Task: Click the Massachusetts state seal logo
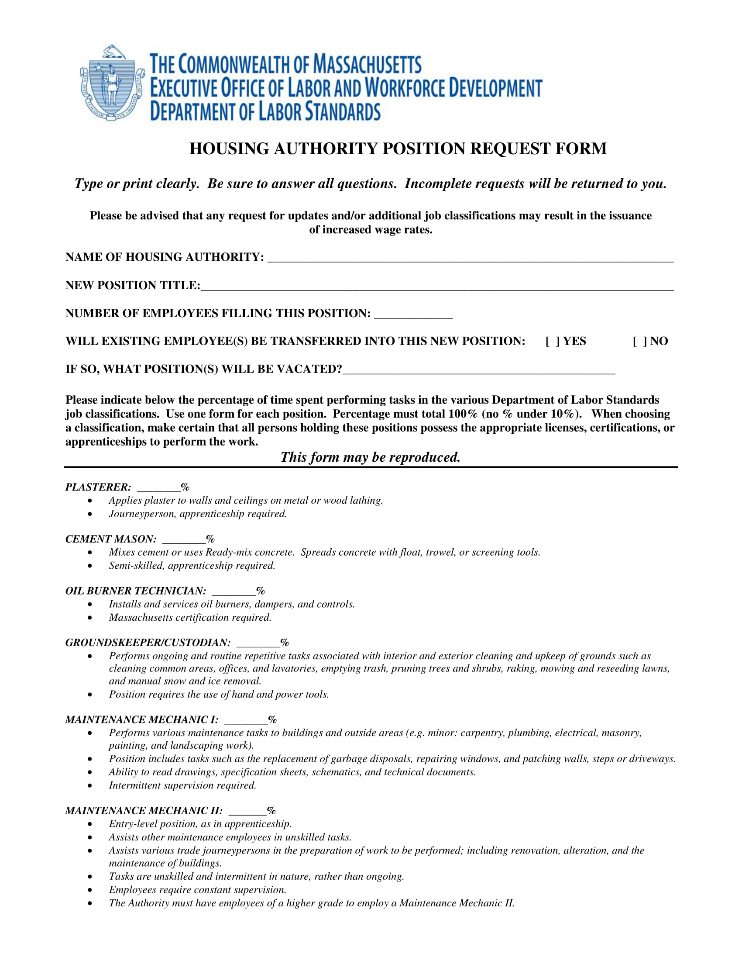tap(112, 83)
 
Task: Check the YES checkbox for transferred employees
tap(553, 342)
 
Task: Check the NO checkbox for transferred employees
tap(639, 342)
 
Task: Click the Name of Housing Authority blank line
tap(470, 257)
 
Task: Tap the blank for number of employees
tap(413, 314)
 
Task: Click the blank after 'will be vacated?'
tap(479, 370)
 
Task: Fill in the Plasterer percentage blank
tap(159, 487)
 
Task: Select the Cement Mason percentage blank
tap(184, 539)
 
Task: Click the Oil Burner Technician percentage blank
tap(234, 591)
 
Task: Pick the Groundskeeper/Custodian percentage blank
tap(258, 643)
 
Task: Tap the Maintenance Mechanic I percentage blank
tap(246, 720)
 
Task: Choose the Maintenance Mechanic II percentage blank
tap(247, 811)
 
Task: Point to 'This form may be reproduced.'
tap(370, 457)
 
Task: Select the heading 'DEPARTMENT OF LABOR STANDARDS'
tap(265, 111)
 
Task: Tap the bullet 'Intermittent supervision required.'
tap(182, 785)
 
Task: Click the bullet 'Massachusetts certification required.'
tap(190, 617)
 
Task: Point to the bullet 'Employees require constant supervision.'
tap(197, 890)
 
